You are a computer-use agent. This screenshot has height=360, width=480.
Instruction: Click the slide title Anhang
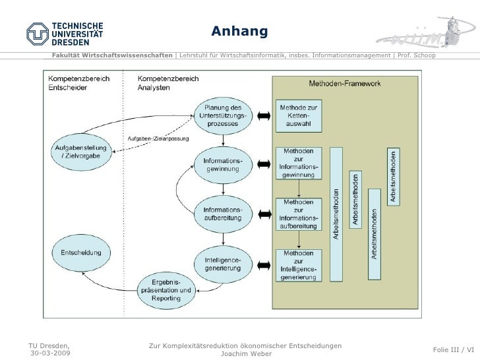(239, 32)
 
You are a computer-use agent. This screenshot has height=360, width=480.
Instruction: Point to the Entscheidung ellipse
(80, 252)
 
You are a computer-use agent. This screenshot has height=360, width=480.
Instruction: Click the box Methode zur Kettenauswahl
(299, 116)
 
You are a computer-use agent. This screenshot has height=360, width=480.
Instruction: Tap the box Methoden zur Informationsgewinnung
(299, 164)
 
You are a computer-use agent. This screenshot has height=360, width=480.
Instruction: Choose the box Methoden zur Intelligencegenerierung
(299, 265)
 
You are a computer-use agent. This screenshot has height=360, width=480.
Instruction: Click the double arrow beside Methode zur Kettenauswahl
(264, 117)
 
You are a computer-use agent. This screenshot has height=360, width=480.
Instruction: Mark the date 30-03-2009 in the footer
(49, 353)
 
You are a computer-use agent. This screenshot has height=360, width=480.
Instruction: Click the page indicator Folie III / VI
(453, 349)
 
